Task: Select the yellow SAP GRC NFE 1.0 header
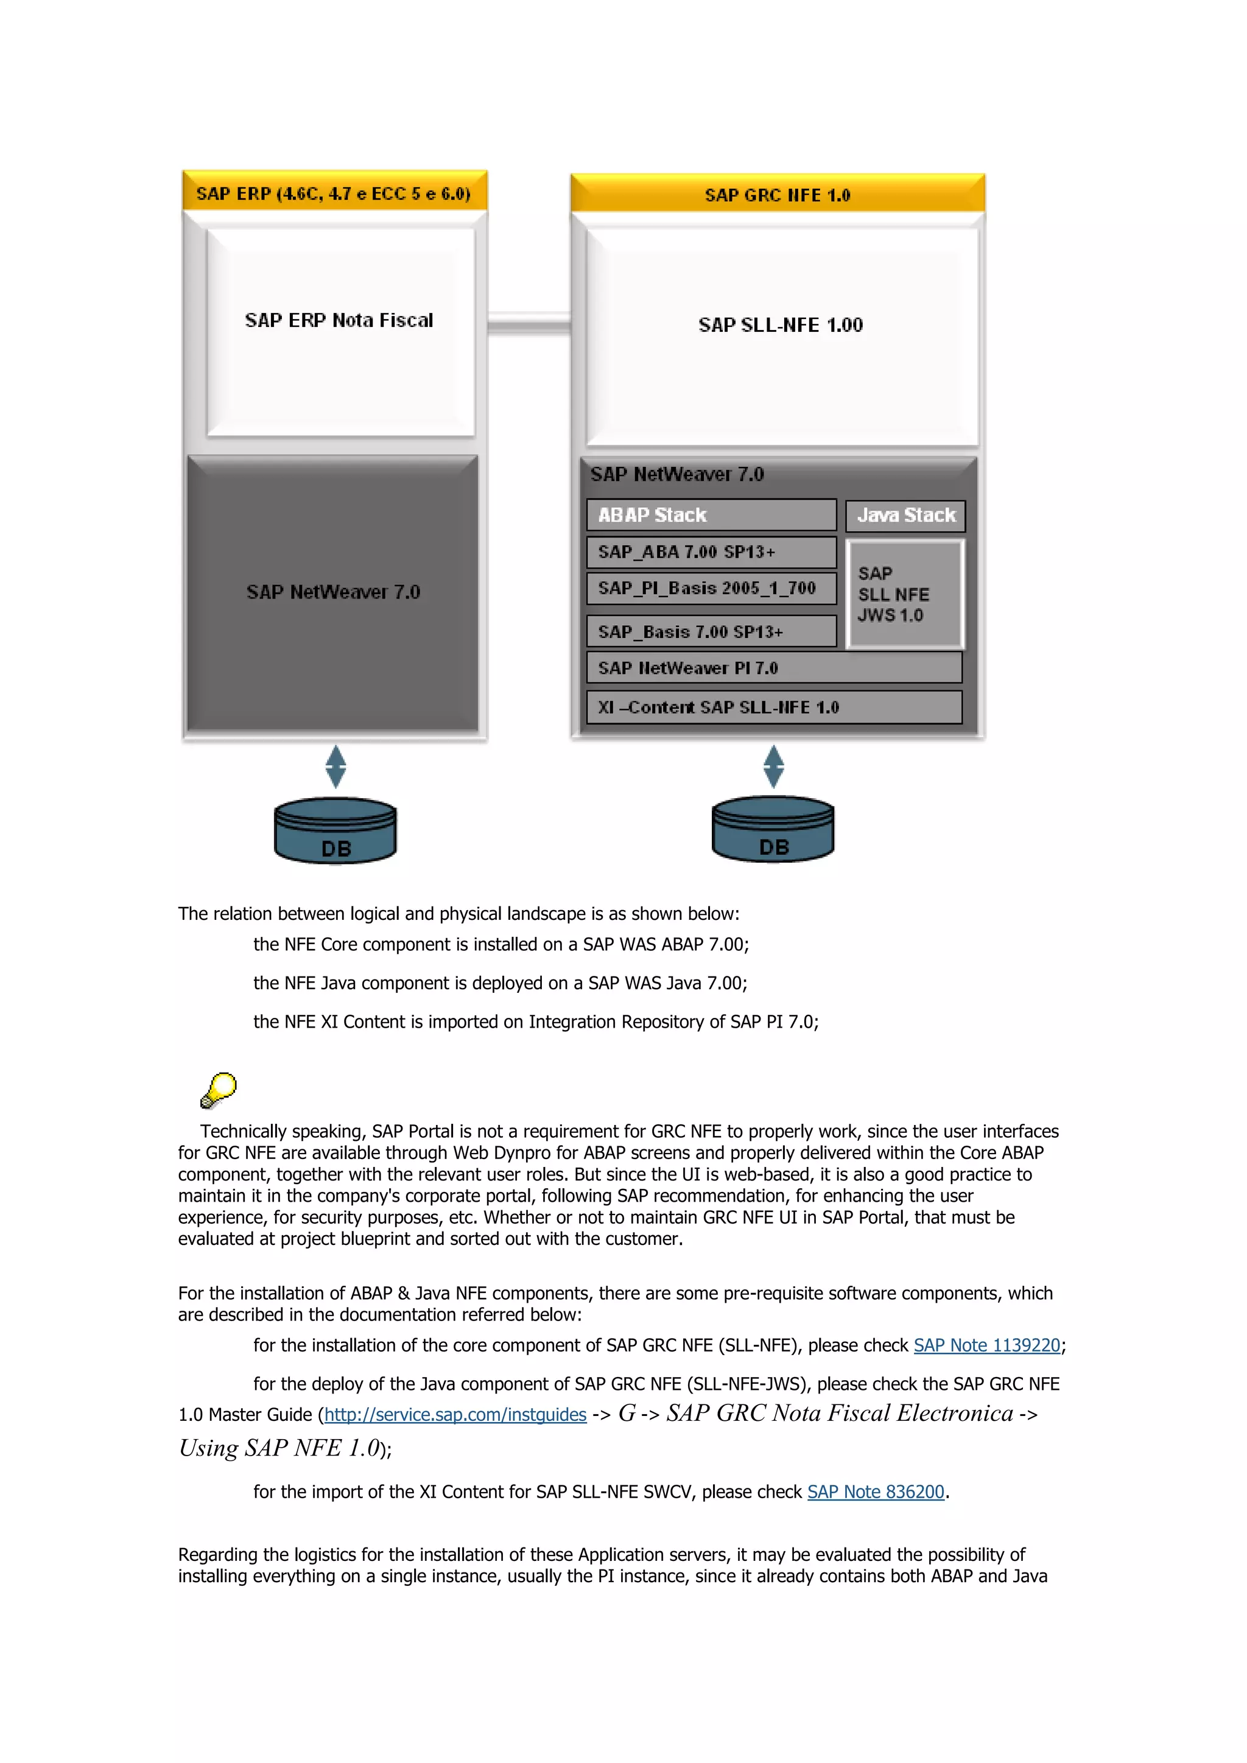point(777,194)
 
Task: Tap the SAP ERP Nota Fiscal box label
point(339,320)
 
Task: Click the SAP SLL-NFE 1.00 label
point(780,325)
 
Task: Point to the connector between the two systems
point(529,323)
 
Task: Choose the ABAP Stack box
point(711,515)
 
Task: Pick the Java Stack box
point(905,515)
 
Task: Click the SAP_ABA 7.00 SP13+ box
point(711,552)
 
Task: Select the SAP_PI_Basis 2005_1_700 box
point(711,588)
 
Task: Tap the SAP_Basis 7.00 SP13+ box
point(711,631)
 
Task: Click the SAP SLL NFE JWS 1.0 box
point(905,594)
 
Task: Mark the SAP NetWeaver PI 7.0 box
point(774,668)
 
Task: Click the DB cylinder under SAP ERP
point(335,832)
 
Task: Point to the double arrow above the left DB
point(335,766)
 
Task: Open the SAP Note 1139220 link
point(986,1345)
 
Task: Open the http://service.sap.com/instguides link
point(455,1414)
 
